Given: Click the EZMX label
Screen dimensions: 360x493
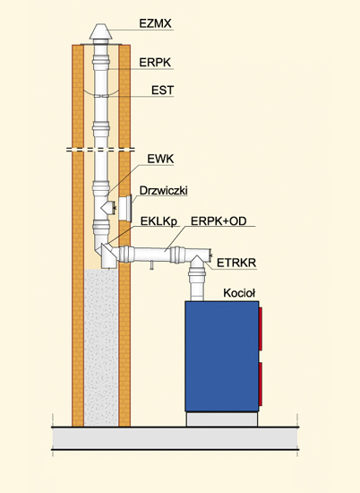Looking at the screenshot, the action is pyautogui.click(x=155, y=23).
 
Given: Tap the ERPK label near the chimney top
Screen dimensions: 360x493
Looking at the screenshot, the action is pyautogui.click(x=155, y=63).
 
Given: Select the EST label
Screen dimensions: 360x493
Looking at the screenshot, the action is pyautogui.click(x=162, y=91).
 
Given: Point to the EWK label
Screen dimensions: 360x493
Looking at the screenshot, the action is pyautogui.click(x=160, y=159).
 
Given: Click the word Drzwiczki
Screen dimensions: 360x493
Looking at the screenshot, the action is pyautogui.click(x=163, y=191).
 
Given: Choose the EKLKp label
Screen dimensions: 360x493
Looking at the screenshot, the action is pyautogui.click(x=159, y=221).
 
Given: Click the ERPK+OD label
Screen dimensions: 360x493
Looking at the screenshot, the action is pyautogui.click(x=219, y=221).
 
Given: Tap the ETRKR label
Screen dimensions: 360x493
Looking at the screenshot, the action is pyautogui.click(x=236, y=263).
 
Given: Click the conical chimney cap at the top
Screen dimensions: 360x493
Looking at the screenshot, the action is pyautogui.click(x=100, y=31).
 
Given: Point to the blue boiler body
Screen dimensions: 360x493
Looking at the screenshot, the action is pyautogui.click(x=222, y=356).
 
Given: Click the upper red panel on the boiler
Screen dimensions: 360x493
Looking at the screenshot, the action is pyautogui.click(x=261, y=329).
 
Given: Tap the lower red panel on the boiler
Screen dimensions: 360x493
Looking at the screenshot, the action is pyautogui.click(x=261, y=384).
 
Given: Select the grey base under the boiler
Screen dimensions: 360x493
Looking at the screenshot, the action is pyautogui.click(x=222, y=419).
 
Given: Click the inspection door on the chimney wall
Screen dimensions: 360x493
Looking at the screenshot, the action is pyautogui.click(x=125, y=208).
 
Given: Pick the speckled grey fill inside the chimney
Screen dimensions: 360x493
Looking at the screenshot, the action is pyautogui.click(x=101, y=348).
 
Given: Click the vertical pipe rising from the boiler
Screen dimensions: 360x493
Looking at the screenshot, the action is pyautogui.click(x=197, y=283).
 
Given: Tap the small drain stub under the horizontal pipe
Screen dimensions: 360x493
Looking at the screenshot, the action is pyautogui.click(x=151, y=266).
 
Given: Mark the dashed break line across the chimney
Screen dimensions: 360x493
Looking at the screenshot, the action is pyautogui.click(x=100, y=150).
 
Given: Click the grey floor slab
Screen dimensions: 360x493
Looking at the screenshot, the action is pyautogui.click(x=176, y=438).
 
